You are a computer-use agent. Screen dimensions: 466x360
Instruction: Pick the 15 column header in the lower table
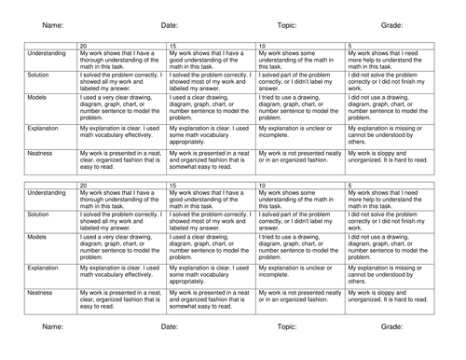tap(173, 187)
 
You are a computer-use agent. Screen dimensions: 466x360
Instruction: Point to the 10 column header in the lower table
tap(262, 187)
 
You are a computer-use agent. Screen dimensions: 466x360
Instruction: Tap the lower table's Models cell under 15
tap(210, 246)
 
